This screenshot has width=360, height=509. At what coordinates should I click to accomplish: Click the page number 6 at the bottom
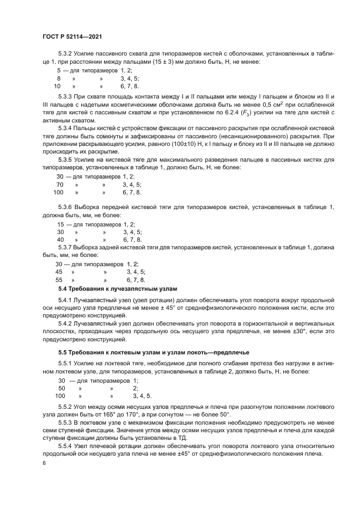(x=44, y=463)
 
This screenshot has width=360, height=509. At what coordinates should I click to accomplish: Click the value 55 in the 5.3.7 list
(x=59, y=279)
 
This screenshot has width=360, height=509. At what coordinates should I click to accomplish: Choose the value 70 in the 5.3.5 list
(x=60, y=185)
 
